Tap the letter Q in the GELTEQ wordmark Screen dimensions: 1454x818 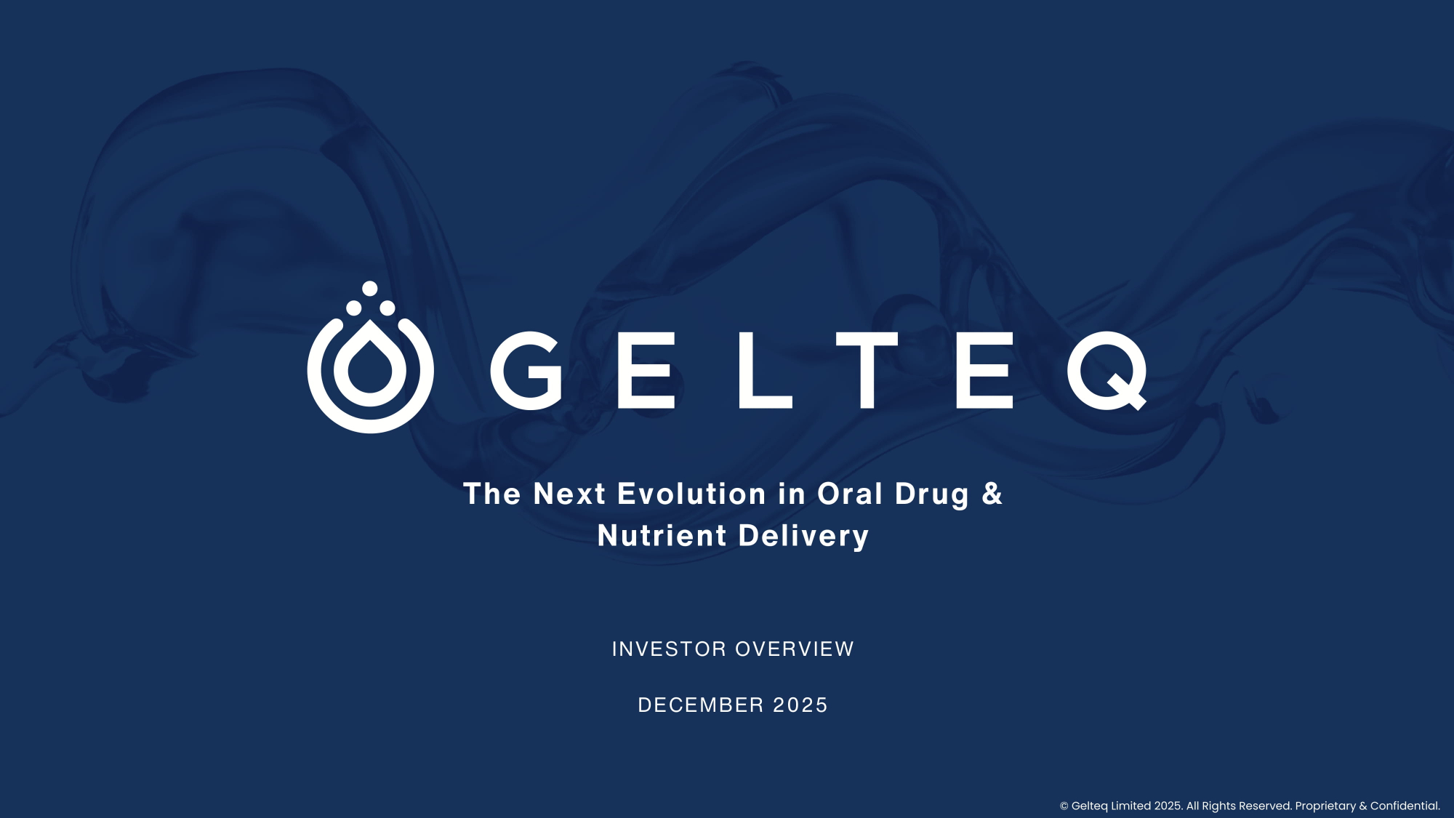(x=1106, y=371)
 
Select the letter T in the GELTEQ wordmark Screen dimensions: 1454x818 (x=867, y=371)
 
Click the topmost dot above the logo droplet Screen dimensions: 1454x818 (x=370, y=289)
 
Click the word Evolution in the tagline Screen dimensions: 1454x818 (x=691, y=494)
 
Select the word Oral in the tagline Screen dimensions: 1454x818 (x=850, y=494)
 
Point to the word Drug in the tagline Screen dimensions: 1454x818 (x=932, y=496)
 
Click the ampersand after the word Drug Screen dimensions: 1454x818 (x=992, y=494)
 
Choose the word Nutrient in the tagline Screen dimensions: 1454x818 (x=662, y=536)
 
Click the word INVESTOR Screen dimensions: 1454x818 (x=669, y=649)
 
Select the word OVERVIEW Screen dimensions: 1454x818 (x=795, y=649)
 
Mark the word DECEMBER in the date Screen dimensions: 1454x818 (x=701, y=705)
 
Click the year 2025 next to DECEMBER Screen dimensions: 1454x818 (x=800, y=705)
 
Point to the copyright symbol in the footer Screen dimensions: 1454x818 (x=1064, y=806)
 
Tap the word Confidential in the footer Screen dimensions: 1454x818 (x=1405, y=806)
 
